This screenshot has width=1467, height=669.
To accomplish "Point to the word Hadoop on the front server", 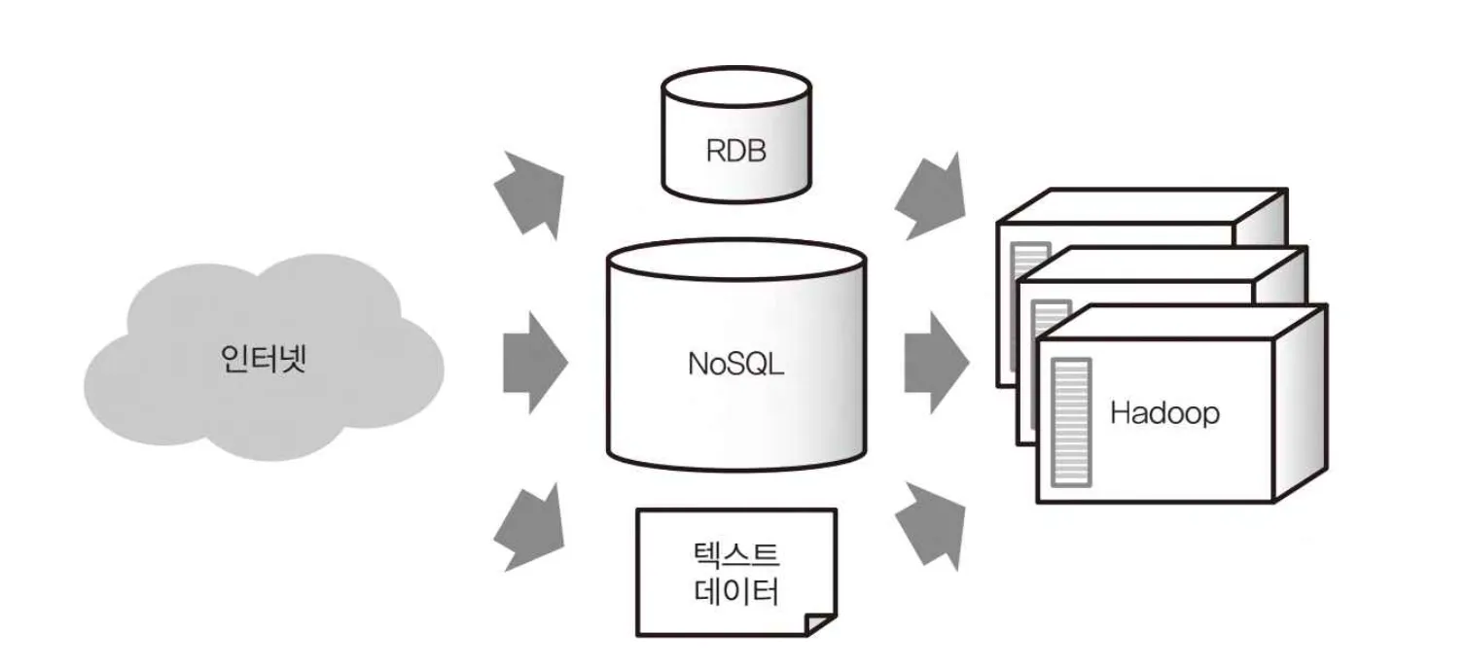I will click(1164, 412).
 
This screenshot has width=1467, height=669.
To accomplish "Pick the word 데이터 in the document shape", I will click(736, 591).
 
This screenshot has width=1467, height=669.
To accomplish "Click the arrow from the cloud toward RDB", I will click(531, 193).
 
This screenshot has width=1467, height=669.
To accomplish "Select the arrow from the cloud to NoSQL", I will click(534, 363).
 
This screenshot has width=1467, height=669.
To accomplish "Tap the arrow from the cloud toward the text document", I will click(531, 529).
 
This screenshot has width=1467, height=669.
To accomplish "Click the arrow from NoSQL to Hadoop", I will click(935, 363).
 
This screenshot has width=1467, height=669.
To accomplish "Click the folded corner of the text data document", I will click(820, 624).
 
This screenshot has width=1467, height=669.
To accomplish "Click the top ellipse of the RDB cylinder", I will click(735, 87).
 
